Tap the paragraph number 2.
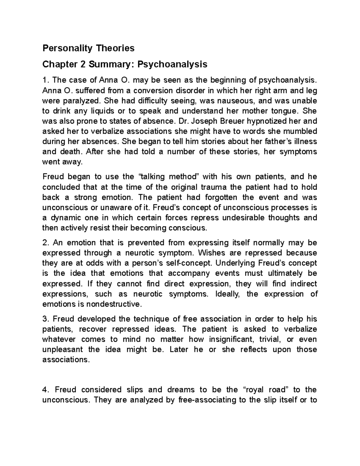point(44,242)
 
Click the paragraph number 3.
point(44,319)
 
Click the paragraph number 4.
point(45,390)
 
